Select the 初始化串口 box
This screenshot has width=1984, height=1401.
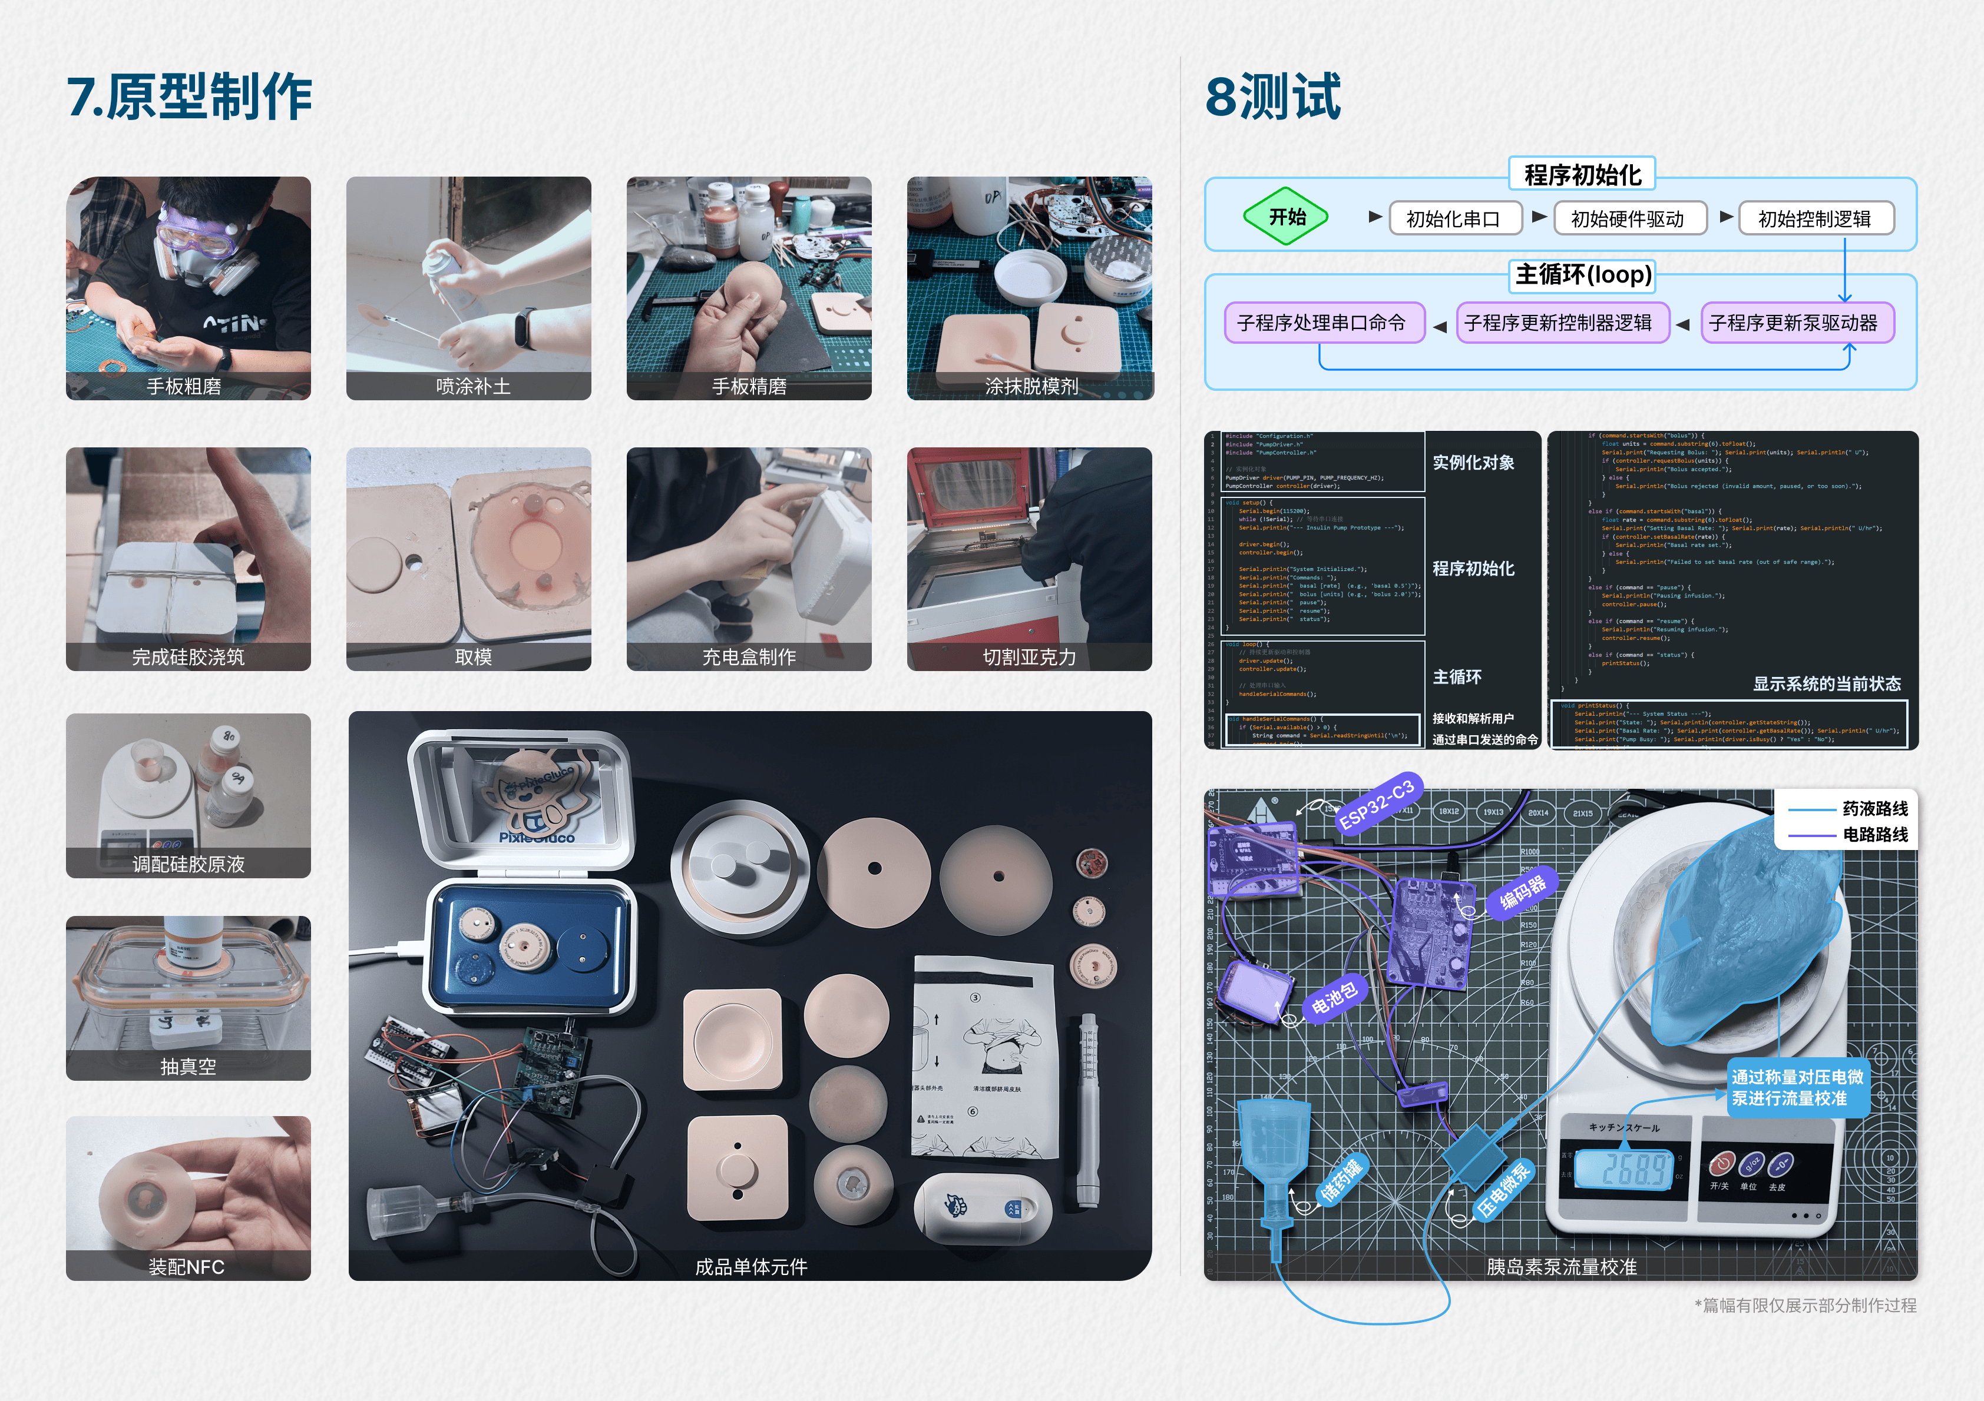click(x=1455, y=218)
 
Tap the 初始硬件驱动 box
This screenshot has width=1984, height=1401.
click(x=1629, y=218)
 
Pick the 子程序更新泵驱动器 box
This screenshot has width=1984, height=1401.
click(x=1795, y=323)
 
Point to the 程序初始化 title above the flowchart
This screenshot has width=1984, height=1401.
click(x=1582, y=174)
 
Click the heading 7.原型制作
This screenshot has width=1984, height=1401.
click(x=190, y=96)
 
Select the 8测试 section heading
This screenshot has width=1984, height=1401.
click(x=1273, y=96)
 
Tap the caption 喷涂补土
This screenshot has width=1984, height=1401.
click(x=472, y=386)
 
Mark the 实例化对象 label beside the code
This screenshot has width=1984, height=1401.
click(x=1473, y=463)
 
